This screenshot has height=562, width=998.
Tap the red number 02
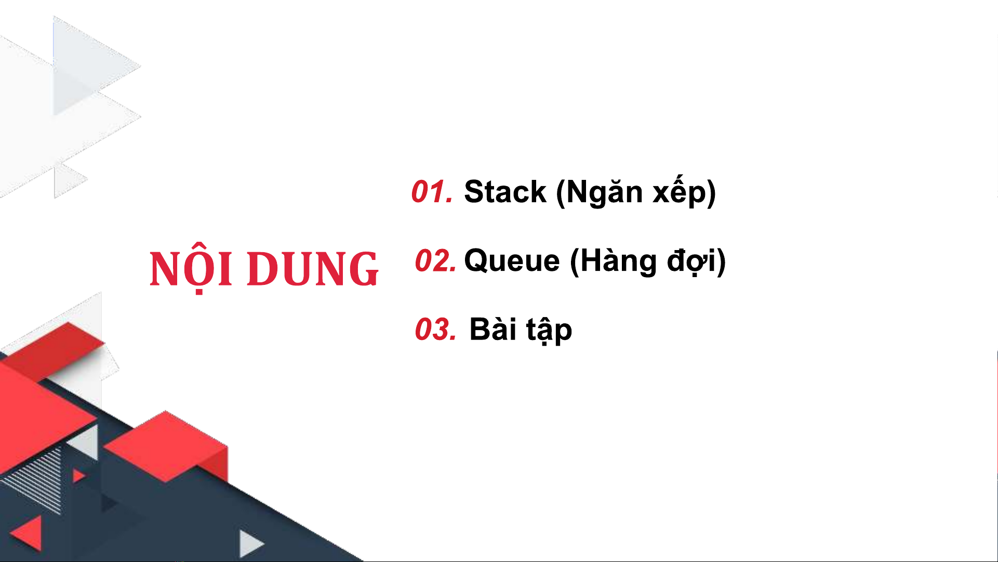click(x=435, y=261)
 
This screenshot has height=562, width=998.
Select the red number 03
click(x=435, y=330)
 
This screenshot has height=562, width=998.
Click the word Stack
click(x=505, y=191)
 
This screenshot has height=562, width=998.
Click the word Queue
click(x=512, y=261)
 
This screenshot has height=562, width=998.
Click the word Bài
click(x=493, y=329)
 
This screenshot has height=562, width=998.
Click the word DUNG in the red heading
click(x=313, y=269)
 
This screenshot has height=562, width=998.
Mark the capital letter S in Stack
click(x=476, y=191)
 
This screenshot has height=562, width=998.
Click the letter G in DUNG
click(x=362, y=269)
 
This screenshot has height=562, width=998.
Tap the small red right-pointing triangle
click(x=78, y=476)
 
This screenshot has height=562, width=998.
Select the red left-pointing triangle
click(x=28, y=532)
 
